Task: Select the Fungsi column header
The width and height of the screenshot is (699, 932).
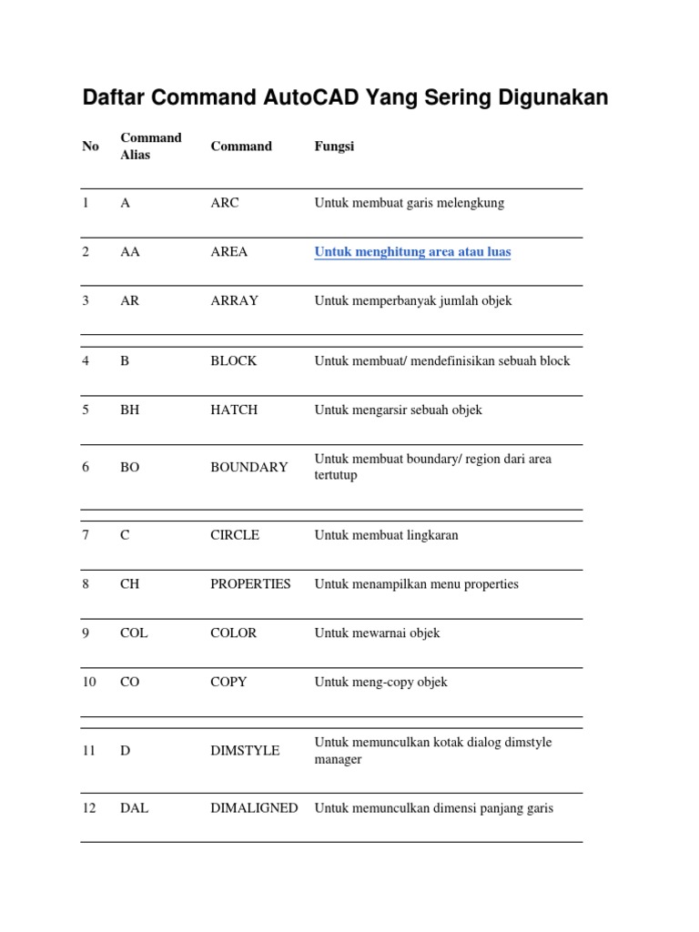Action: point(334,146)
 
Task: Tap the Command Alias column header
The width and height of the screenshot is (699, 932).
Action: point(150,146)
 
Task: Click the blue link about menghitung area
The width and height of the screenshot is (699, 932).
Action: point(412,251)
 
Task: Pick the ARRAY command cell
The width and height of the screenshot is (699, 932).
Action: point(234,300)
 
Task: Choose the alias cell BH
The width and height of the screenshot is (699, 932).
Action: point(129,410)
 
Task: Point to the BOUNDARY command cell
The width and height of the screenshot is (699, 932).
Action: point(248,467)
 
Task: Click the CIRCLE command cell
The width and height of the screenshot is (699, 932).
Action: point(235,535)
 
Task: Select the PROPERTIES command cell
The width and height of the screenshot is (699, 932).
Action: point(250,584)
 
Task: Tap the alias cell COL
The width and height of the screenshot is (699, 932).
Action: point(134,633)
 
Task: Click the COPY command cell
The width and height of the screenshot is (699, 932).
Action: point(228,682)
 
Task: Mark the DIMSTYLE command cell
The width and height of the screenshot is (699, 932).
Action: point(245,751)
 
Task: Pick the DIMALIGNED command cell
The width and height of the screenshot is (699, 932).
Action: point(254,808)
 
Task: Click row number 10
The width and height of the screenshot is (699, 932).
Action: point(89,682)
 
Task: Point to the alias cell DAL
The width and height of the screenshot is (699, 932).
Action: point(134,808)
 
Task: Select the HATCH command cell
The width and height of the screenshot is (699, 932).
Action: point(234,410)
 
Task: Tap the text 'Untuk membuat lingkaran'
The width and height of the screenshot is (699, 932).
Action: point(386,535)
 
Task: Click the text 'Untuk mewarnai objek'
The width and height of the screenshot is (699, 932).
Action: point(377,633)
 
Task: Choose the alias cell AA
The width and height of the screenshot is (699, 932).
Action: point(130,251)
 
